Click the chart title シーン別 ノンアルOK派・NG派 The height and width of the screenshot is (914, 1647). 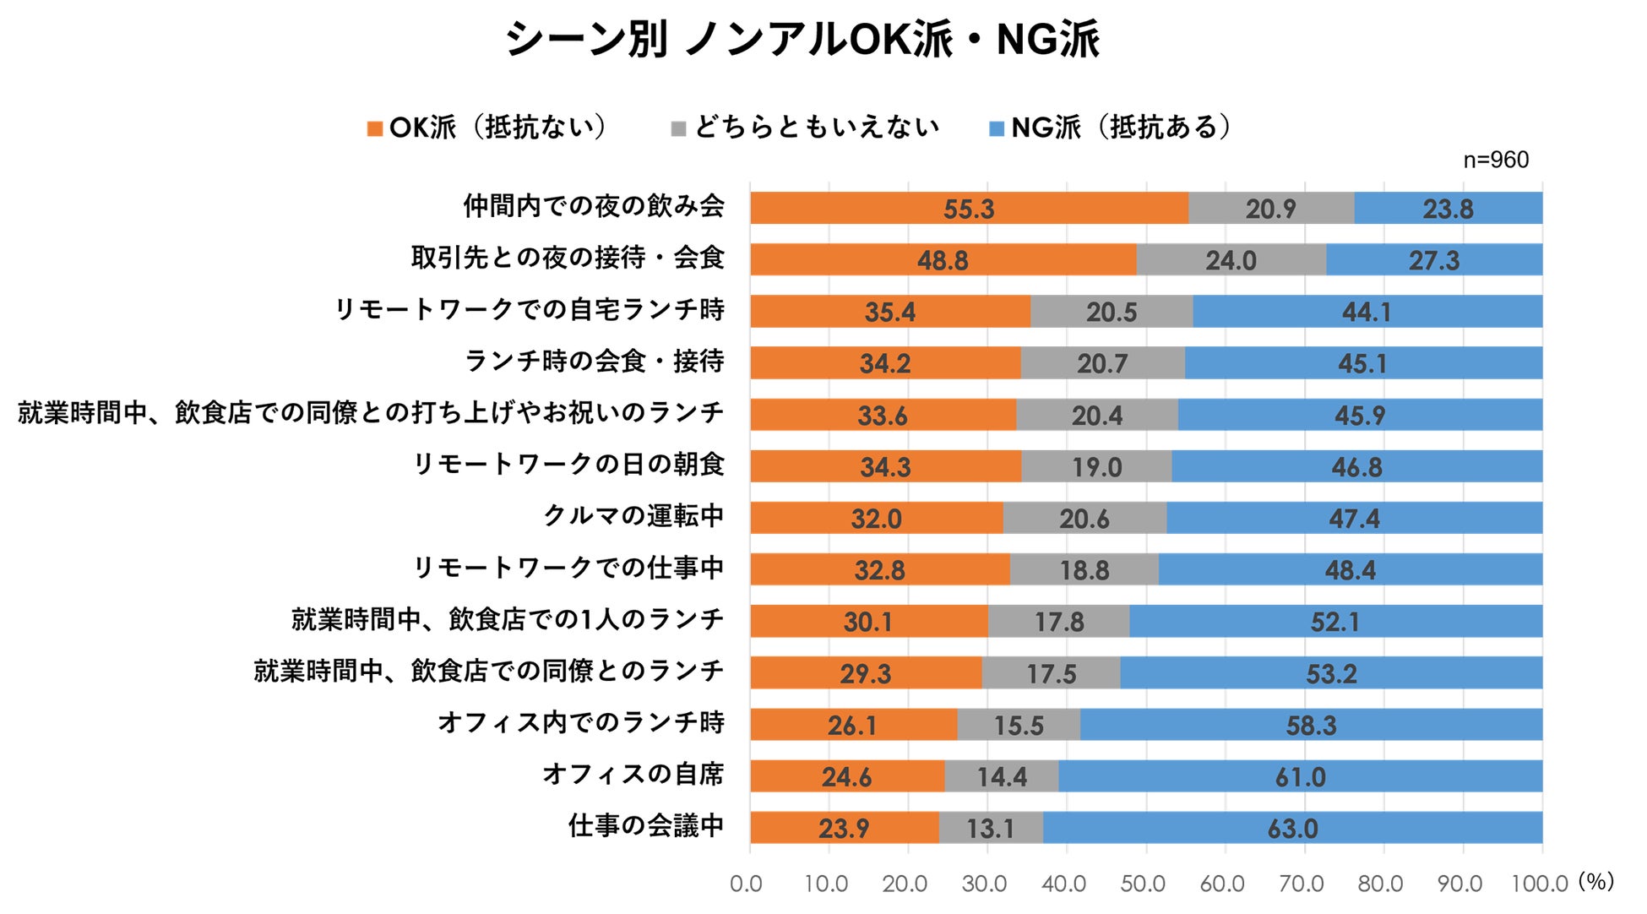pyautogui.click(x=802, y=40)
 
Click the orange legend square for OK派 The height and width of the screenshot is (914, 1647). pyautogui.click(x=375, y=128)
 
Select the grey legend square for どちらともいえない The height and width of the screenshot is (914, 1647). pyautogui.click(x=678, y=128)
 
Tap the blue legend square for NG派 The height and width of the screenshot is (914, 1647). pyautogui.click(x=997, y=128)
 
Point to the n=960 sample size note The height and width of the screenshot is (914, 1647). pyautogui.click(x=1496, y=160)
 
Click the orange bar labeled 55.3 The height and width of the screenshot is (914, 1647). pyautogui.click(x=969, y=208)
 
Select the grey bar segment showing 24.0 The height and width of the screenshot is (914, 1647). pyautogui.click(x=1231, y=259)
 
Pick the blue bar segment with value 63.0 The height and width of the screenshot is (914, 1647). pyautogui.click(x=1292, y=828)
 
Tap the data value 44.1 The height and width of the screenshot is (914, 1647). pyautogui.click(x=1367, y=312)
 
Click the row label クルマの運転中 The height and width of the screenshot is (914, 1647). pyautogui.click(x=633, y=515)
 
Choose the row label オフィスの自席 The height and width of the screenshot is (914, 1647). pyautogui.click(x=633, y=774)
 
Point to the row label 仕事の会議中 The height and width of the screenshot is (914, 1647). pyautogui.click(x=646, y=825)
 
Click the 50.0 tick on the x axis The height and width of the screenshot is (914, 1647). pyautogui.click(x=1144, y=884)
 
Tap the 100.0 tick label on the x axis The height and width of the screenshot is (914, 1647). pyautogui.click(x=1539, y=884)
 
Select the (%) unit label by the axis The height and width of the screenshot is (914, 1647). pyautogui.click(x=1595, y=881)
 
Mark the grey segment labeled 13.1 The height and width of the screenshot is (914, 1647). pyautogui.click(x=990, y=828)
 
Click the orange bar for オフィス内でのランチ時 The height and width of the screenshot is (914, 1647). pyautogui.click(x=853, y=725)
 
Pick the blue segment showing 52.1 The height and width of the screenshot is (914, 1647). pyautogui.click(x=1335, y=622)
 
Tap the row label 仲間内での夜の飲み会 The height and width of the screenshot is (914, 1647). pyautogui.click(x=594, y=206)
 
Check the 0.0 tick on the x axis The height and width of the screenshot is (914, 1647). pyautogui.click(x=747, y=884)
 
